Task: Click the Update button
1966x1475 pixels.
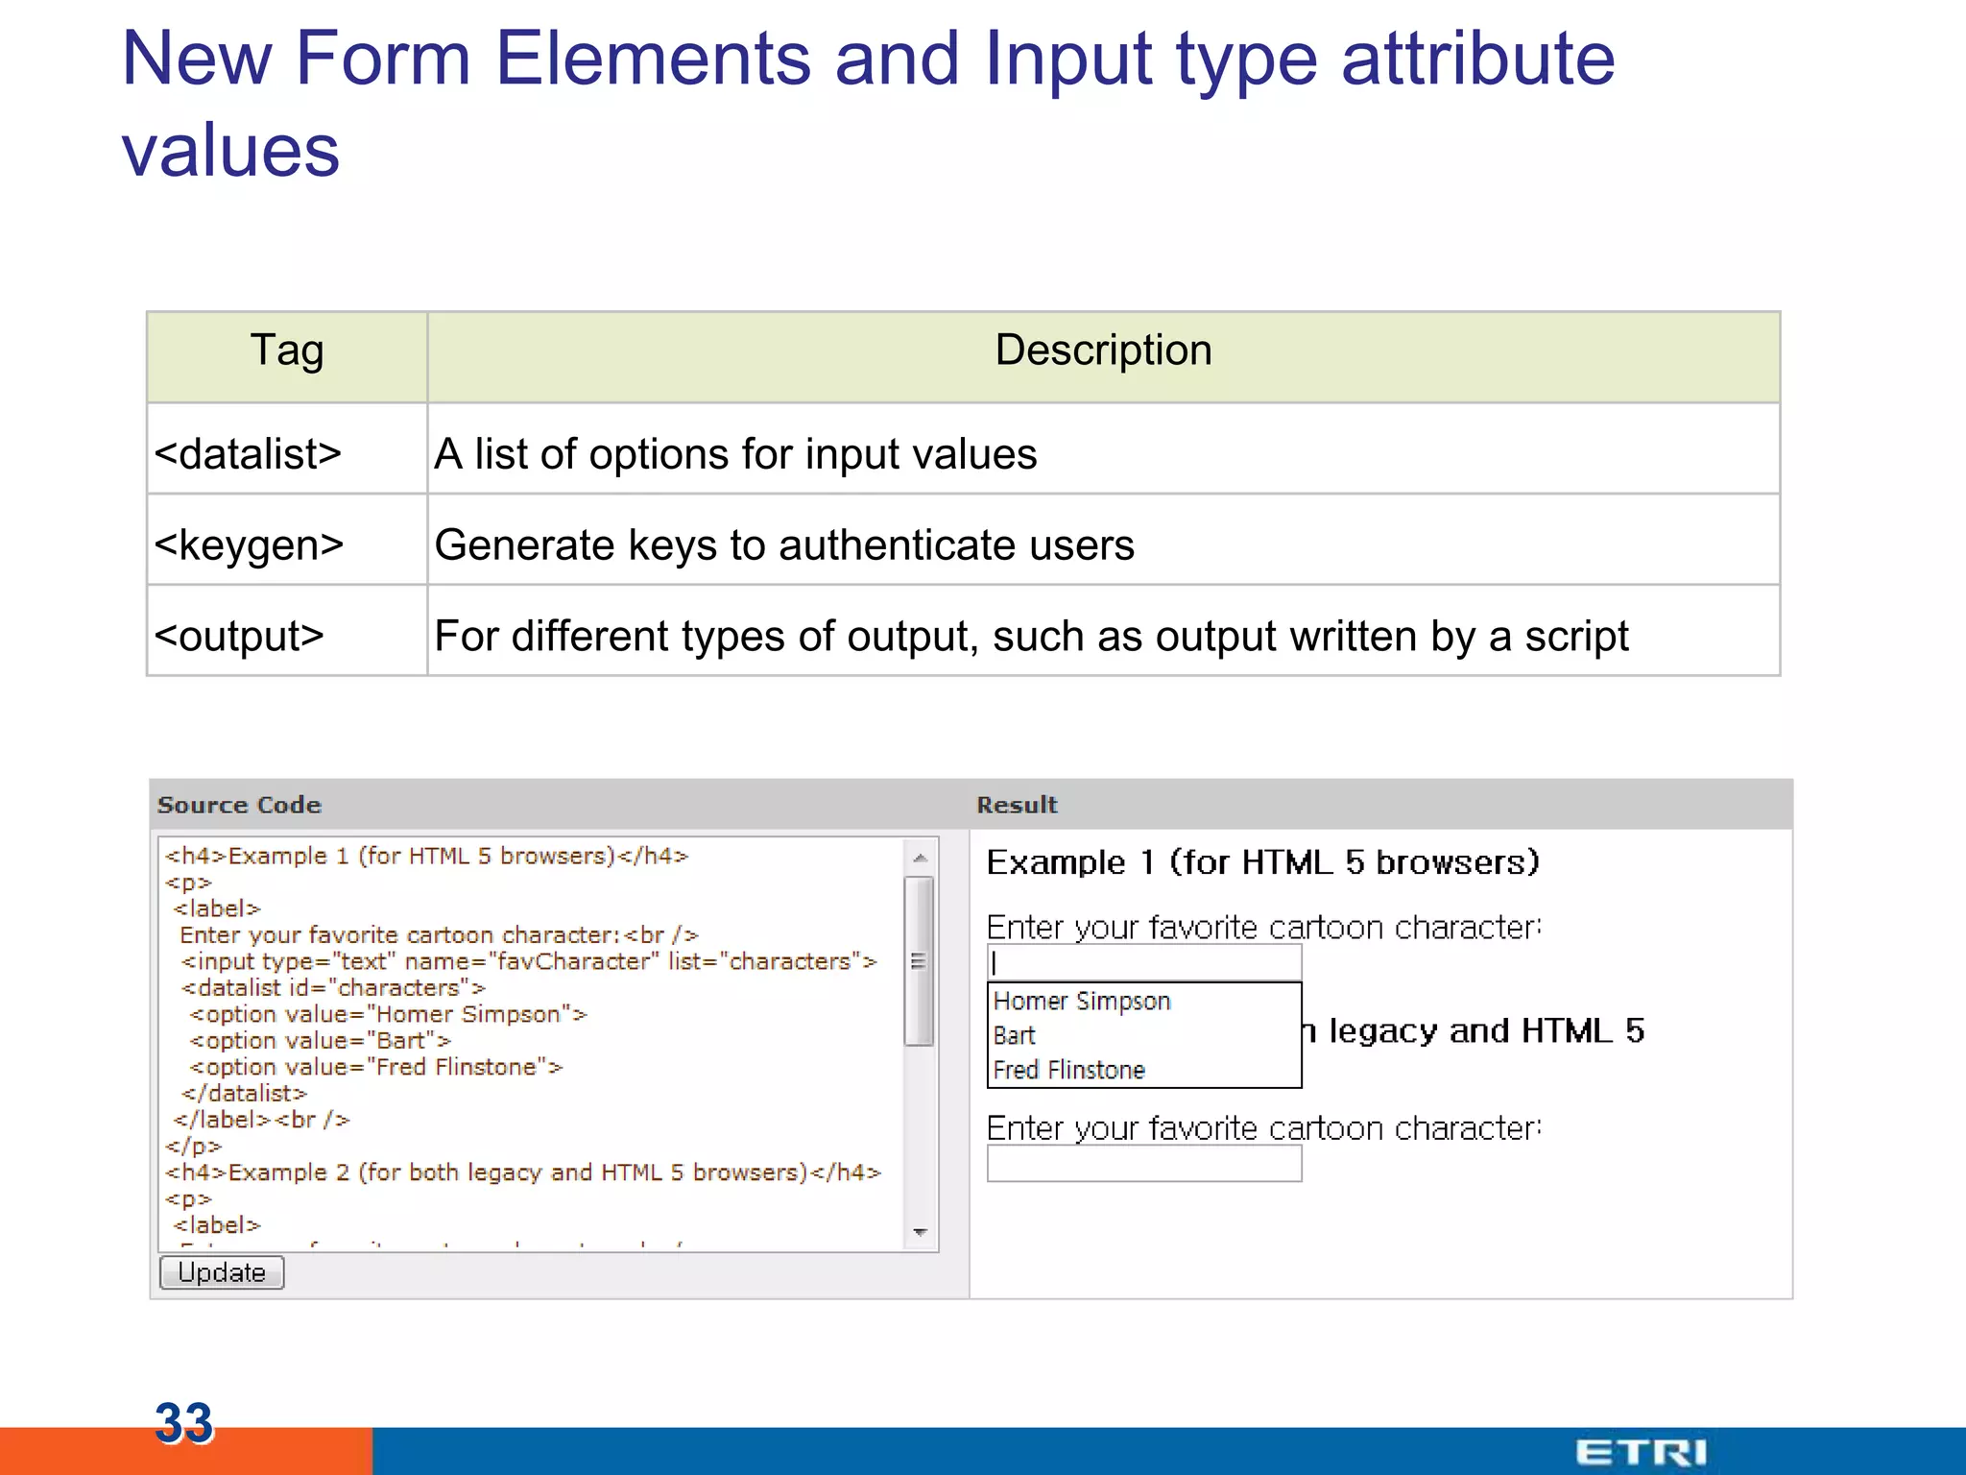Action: [222, 1272]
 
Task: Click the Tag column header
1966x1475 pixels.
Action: [287, 351]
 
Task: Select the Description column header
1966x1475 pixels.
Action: [1103, 351]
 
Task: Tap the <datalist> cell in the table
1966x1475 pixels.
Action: [248, 453]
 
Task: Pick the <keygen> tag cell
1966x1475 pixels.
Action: [249, 544]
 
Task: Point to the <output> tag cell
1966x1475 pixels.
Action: [239, 636]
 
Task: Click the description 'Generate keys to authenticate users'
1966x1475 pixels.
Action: [784, 544]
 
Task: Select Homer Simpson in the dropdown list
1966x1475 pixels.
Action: [1082, 1002]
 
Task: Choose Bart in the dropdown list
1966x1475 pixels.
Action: [1015, 1036]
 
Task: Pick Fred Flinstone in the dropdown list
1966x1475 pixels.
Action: [1069, 1070]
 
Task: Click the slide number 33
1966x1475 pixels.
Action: [183, 1422]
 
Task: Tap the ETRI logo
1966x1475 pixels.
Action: [1641, 1452]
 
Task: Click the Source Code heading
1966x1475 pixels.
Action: [239, 805]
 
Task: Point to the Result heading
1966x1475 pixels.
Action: [1017, 805]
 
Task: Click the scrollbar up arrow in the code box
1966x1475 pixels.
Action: [920, 858]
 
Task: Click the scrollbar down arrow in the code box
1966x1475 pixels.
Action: [920, 1232]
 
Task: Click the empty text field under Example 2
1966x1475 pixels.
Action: [1143, 1164]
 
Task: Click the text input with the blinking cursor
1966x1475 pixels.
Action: [1143, 962]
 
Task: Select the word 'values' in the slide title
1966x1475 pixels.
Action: [230, 151]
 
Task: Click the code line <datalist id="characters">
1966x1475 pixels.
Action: [333, 988]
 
